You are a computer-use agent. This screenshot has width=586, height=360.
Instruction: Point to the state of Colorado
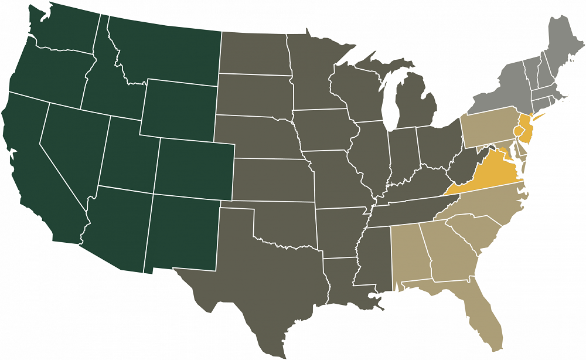193,167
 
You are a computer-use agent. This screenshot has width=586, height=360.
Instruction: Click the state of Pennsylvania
489,126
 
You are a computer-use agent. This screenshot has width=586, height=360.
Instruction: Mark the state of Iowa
325,132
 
